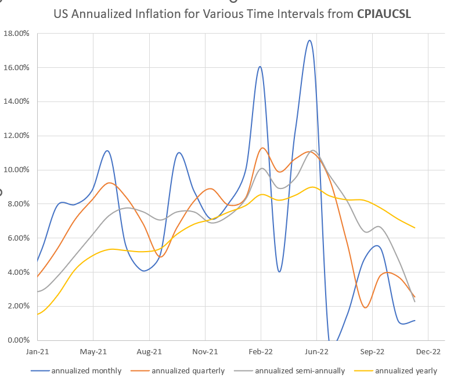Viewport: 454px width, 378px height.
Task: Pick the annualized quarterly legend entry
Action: pos(188,370)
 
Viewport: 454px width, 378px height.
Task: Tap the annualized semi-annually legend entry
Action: pos(300,370)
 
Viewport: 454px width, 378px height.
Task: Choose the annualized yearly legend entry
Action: pos(406,370)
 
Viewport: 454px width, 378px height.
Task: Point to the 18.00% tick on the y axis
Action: pos(17,33)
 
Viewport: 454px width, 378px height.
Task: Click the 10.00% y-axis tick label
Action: pos(17,170)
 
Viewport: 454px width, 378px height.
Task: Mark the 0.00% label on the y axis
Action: pos(19,340)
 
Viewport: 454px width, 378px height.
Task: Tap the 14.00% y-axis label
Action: pos(17,101)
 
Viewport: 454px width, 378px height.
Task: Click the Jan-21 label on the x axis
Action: pos(38,351)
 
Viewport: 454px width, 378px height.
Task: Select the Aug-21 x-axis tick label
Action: pos(149,351)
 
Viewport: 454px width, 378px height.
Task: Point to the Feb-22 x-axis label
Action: pos(261,351)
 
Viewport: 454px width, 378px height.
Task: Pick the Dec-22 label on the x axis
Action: pos(428,351)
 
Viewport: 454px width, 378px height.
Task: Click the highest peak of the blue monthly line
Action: pos(309,40)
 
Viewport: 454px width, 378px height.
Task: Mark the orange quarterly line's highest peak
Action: pos(262,148)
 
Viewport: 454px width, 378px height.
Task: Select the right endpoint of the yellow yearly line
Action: pos(415,228)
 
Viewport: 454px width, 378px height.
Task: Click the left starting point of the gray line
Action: pos(38,292)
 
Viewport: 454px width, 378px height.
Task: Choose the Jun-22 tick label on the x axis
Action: pos(317,351)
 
